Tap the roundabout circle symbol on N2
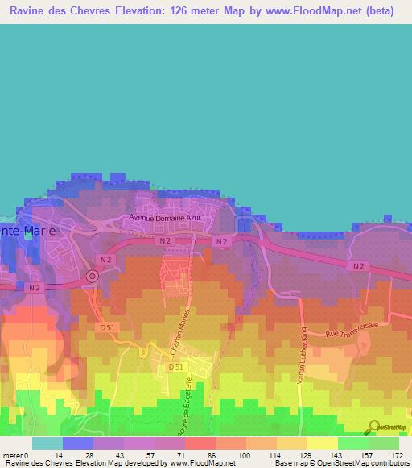[x=92, y=277]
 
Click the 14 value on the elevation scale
[x=59, y=454]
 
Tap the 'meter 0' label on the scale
[x=15, y=454]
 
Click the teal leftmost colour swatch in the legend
[x=47, y=443]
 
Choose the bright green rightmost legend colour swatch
[x=384, y=443]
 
